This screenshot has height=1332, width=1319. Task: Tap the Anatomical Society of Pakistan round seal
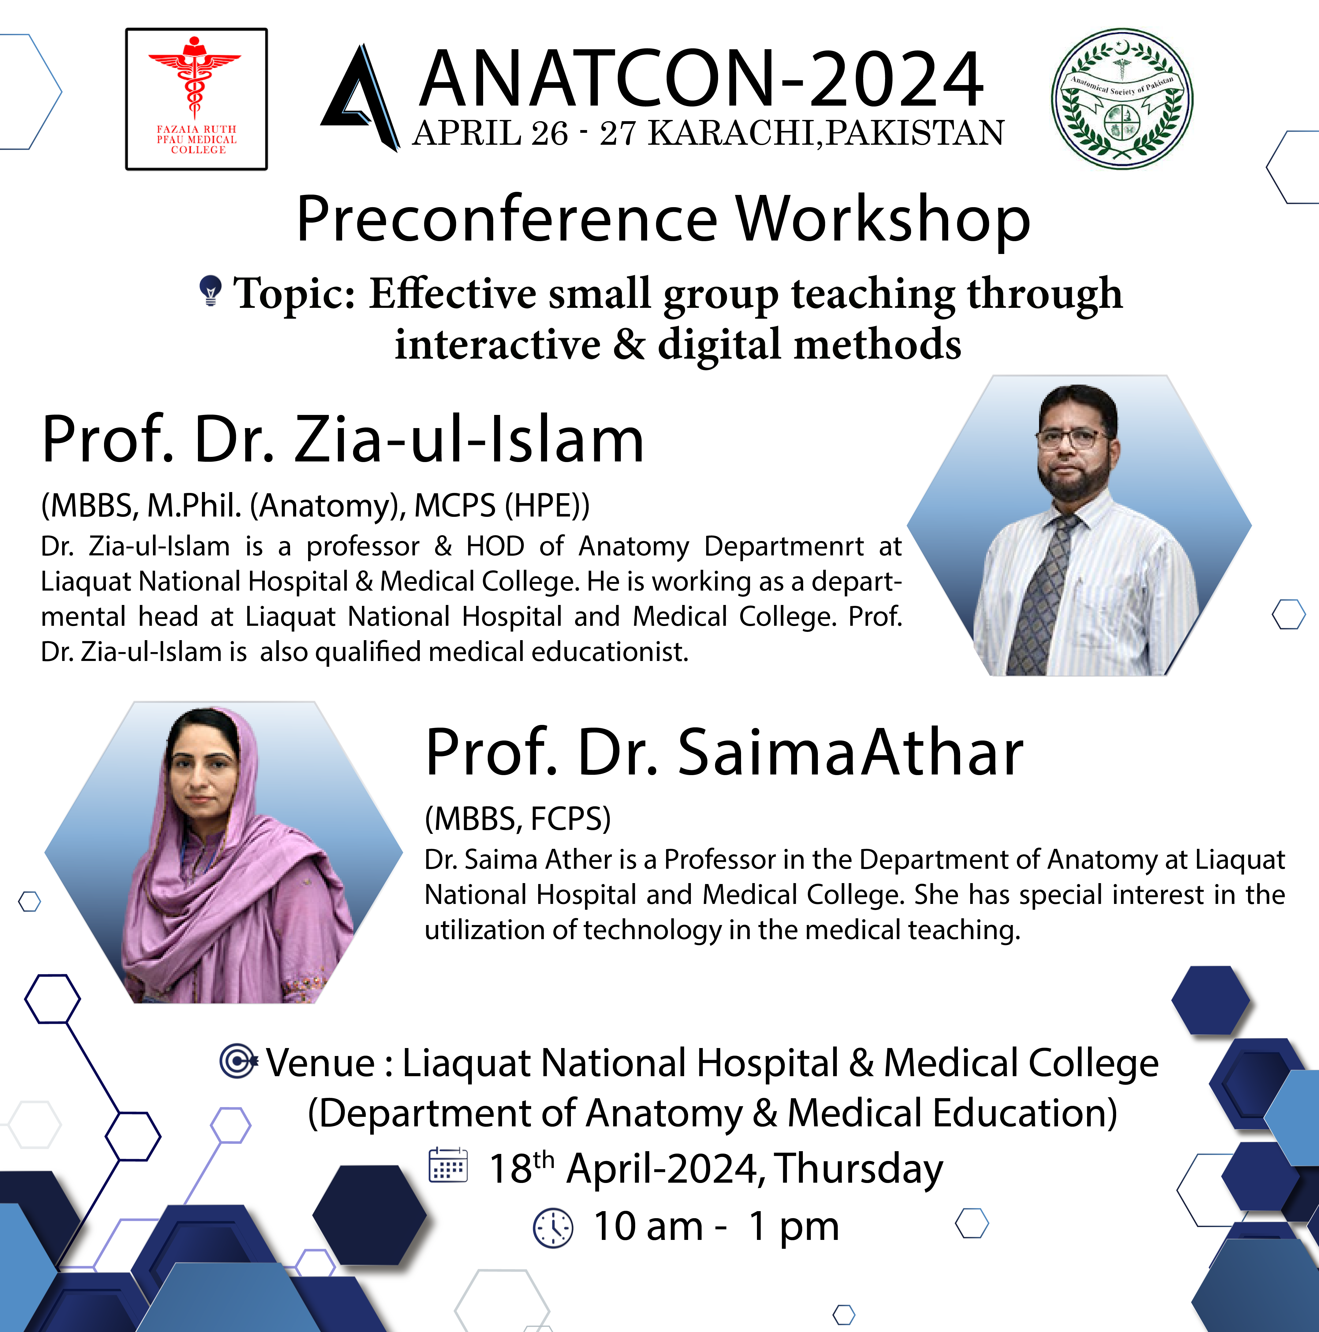tap(1122, 99)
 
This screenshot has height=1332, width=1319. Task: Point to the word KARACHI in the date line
tap(734, 133)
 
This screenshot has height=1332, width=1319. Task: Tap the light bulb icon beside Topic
tap(210, 290)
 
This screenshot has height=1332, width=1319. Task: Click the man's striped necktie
tap(1041, 593)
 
